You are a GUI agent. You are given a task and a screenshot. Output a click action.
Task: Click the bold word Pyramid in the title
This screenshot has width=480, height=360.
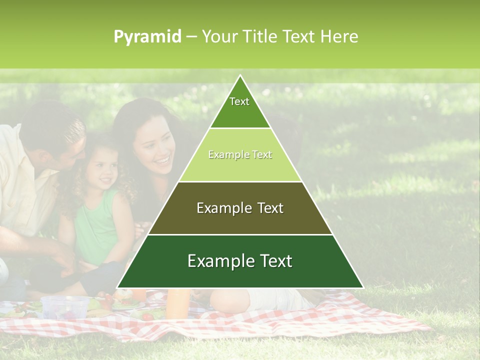147,37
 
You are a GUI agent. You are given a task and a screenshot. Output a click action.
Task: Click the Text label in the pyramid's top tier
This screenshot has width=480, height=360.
239,101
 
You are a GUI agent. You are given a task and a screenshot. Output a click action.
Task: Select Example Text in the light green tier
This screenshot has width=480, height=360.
240,154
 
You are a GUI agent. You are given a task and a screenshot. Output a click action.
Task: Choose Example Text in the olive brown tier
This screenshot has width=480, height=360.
240,208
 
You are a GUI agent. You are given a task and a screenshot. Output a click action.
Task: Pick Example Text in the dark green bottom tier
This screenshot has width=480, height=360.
240,261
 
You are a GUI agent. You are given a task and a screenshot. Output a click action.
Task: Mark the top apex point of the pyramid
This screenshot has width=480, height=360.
240,75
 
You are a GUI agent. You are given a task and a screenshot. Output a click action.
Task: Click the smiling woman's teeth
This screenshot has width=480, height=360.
161,161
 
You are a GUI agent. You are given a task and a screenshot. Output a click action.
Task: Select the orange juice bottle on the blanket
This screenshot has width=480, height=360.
177,303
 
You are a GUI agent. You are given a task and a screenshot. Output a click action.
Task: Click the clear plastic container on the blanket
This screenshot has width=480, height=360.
65,306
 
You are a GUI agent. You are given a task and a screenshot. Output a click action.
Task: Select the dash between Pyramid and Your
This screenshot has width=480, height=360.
191,37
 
